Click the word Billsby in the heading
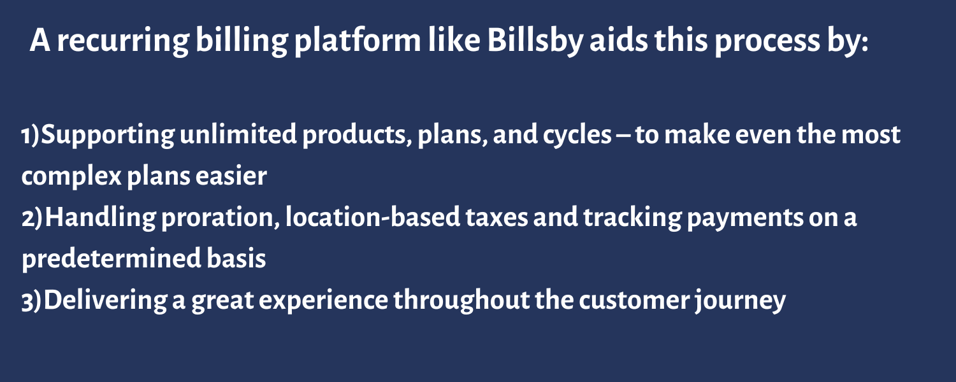point(535,41)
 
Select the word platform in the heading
point(358,41)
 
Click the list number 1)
point(31,135)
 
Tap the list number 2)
point(33,218)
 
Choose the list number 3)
point(32,301)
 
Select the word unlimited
point(238,134)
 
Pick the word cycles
point(577,136)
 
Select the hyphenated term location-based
point(373,217)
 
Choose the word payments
point(745,219)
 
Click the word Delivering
point(105,301)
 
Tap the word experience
point(323,302)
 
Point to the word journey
point(740,302)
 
